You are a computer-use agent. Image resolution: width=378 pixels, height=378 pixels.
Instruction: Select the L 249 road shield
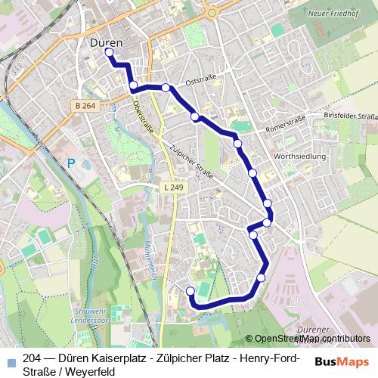(172, 187)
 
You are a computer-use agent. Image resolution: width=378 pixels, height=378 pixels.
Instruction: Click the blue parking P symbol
(71, 163)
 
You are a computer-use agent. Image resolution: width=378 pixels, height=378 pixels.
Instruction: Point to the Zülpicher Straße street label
(192, 161)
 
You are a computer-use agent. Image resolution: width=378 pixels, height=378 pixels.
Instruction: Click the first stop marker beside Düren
(109, 53)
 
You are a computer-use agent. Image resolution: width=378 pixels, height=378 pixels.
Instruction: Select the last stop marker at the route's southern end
(190, 291)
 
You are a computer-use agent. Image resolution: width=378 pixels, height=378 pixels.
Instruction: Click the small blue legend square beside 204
(10, 360)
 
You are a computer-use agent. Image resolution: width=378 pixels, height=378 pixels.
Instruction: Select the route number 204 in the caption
(33, 359)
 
